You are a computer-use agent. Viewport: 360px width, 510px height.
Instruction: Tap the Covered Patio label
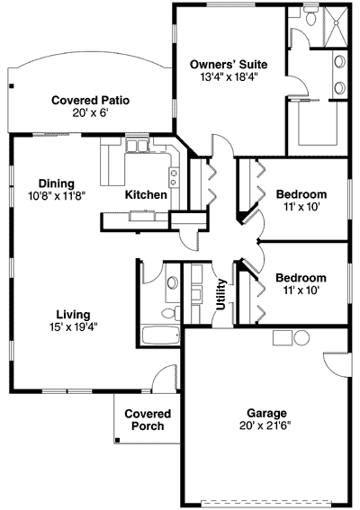click(86, 101)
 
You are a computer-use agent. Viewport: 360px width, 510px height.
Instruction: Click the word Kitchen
click(145, 194)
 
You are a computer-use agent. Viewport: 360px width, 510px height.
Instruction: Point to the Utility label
click(220, 293)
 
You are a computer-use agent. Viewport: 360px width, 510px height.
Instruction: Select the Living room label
click(73, 314)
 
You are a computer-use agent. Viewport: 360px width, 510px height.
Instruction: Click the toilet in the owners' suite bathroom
click(309, 17)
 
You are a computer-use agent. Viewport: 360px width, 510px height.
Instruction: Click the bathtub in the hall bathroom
click(162, 340)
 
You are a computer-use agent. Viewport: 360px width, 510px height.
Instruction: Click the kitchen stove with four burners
click(171, 171)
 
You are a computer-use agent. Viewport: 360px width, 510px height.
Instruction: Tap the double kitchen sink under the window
click(137, 146)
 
